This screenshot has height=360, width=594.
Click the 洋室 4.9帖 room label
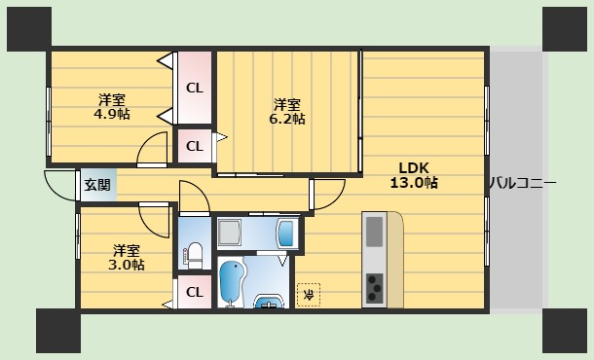coord(111,106)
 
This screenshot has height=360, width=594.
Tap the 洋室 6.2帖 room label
coord(286,112)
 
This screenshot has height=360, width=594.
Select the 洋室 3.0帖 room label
coord(127,257)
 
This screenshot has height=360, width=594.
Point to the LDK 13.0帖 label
coord(413,174)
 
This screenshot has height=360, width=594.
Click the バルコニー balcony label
coord(522,182)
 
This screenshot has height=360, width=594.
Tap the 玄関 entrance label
coord(96,185)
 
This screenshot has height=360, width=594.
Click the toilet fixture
coord(192,255)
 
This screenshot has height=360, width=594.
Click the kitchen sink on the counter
coord(375,234)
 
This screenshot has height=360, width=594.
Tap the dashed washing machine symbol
coord(309,294)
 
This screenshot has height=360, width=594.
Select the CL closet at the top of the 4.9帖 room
coord(194,88)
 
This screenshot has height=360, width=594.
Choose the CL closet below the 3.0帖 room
coord(194,292)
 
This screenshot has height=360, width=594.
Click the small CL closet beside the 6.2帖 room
coord(194,147)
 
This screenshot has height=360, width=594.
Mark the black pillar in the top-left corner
coord(28,27)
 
